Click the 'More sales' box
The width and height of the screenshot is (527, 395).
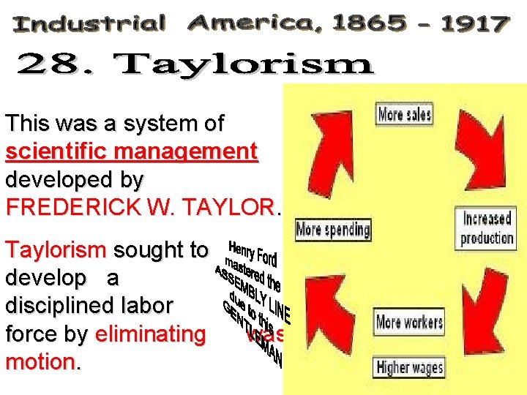(x=403, y=114)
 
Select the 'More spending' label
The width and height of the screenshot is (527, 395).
(x=333, y=230)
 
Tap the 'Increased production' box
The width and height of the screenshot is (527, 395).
(x=487, y=227)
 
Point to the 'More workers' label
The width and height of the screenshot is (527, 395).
(x=409, y=321)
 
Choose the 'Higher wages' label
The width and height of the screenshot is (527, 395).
(x=409, y=366)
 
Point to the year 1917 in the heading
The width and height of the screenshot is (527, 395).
(x=474, y=24)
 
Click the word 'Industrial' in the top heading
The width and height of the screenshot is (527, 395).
(x=89, y=24)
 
